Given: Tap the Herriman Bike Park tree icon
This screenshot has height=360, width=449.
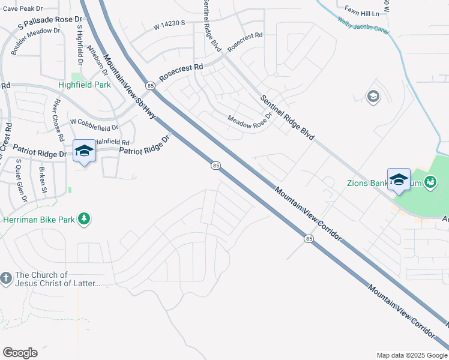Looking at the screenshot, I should pyautogui.click(x=85, y=219).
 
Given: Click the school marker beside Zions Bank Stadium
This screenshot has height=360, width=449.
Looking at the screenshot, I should pyautogui.click(x=399, y=180).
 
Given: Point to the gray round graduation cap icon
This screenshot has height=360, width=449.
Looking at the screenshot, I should pyautogui.click(x=373, y=97).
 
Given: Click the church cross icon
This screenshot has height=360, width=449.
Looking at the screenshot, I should pyautogui.click(x=6, y=278).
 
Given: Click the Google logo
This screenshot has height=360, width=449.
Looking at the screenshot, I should pyautogui.click(x=20, y=353).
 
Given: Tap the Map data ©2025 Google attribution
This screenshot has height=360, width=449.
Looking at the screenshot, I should pyautogui.click(x=411, y=355).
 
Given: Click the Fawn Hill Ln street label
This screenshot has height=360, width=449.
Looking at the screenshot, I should pyautogui.click(x=363, y=11).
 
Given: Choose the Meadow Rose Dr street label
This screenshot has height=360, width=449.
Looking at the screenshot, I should pyautogui.click(x=250, y=122).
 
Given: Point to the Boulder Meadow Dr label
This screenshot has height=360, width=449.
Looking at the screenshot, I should pyautogui.click(x=35, y=41).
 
